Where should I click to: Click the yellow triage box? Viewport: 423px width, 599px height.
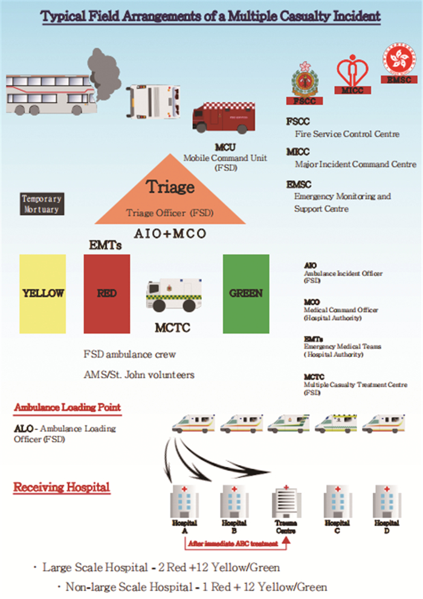[42, 294]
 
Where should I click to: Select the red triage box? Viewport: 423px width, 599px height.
[106, 294]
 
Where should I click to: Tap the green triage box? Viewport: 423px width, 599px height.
[246, 294]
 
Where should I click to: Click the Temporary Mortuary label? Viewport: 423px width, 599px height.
[41, 204]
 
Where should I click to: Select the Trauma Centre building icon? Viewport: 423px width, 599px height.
[285, 502]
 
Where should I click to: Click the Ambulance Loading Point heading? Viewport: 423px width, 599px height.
[67, 408]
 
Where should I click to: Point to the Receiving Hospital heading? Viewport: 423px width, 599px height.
[62, 487]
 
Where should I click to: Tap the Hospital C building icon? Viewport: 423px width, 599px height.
[337, 501]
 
